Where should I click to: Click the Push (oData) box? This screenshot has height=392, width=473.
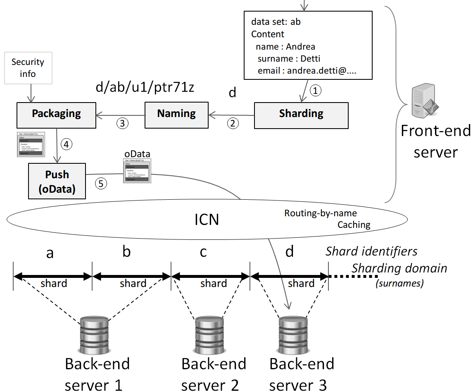pos(57,181)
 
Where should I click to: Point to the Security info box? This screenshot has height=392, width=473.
pos(28,68)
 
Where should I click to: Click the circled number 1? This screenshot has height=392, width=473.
pos(315,91)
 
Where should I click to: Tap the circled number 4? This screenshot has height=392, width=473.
pos(66,144)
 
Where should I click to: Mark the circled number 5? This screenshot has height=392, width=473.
pos(101,183)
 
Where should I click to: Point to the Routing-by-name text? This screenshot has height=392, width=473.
pos(321,213)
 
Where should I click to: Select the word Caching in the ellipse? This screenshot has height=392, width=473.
pos(354,225)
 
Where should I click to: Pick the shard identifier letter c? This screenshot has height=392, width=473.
pos(203,251)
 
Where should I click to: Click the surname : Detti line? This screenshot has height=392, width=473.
pos(289,59)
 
